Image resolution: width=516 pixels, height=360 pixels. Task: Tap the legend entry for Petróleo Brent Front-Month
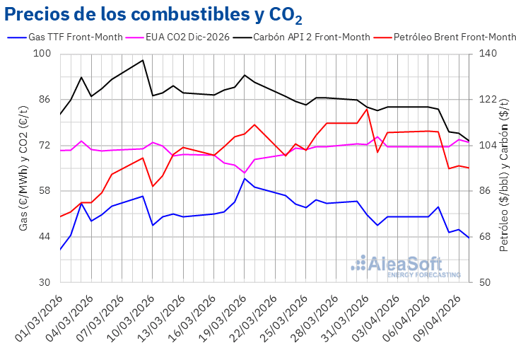point(445,37)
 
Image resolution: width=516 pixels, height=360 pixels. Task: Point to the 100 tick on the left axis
point(42,54)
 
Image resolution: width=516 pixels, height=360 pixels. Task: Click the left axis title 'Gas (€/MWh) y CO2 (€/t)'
point(23,168)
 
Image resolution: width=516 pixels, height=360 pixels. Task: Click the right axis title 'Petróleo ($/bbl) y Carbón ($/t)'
point(504,168)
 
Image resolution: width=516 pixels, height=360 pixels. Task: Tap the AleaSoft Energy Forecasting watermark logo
point(406,265)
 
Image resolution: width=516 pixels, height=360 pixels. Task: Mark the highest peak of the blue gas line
point(244,178)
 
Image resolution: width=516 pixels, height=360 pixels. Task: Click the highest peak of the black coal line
point(143,60)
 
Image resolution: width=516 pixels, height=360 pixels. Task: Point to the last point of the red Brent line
point(469,168)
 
